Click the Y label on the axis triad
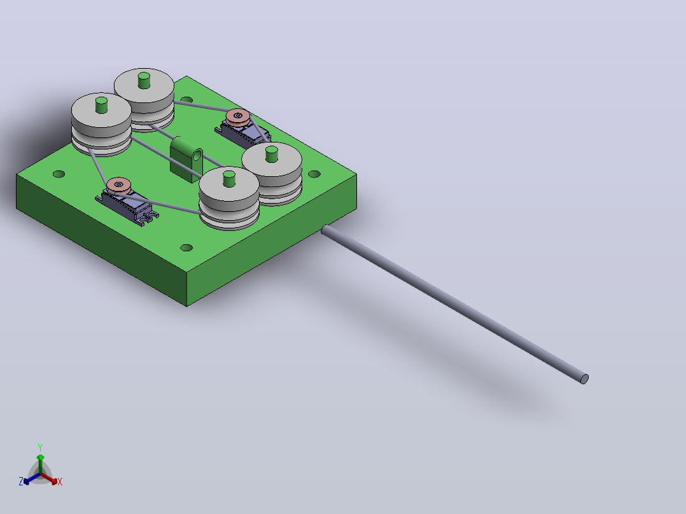pos(40,447)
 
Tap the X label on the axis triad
pos(60,482)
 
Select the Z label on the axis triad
pos(21,481)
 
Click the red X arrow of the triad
pos(49,478)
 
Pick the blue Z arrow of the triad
pos(32,478)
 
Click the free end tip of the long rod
pos(584,379)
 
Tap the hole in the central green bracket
pos(197,156)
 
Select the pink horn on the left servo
pos(118,185)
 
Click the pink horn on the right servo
pos(238,116)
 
